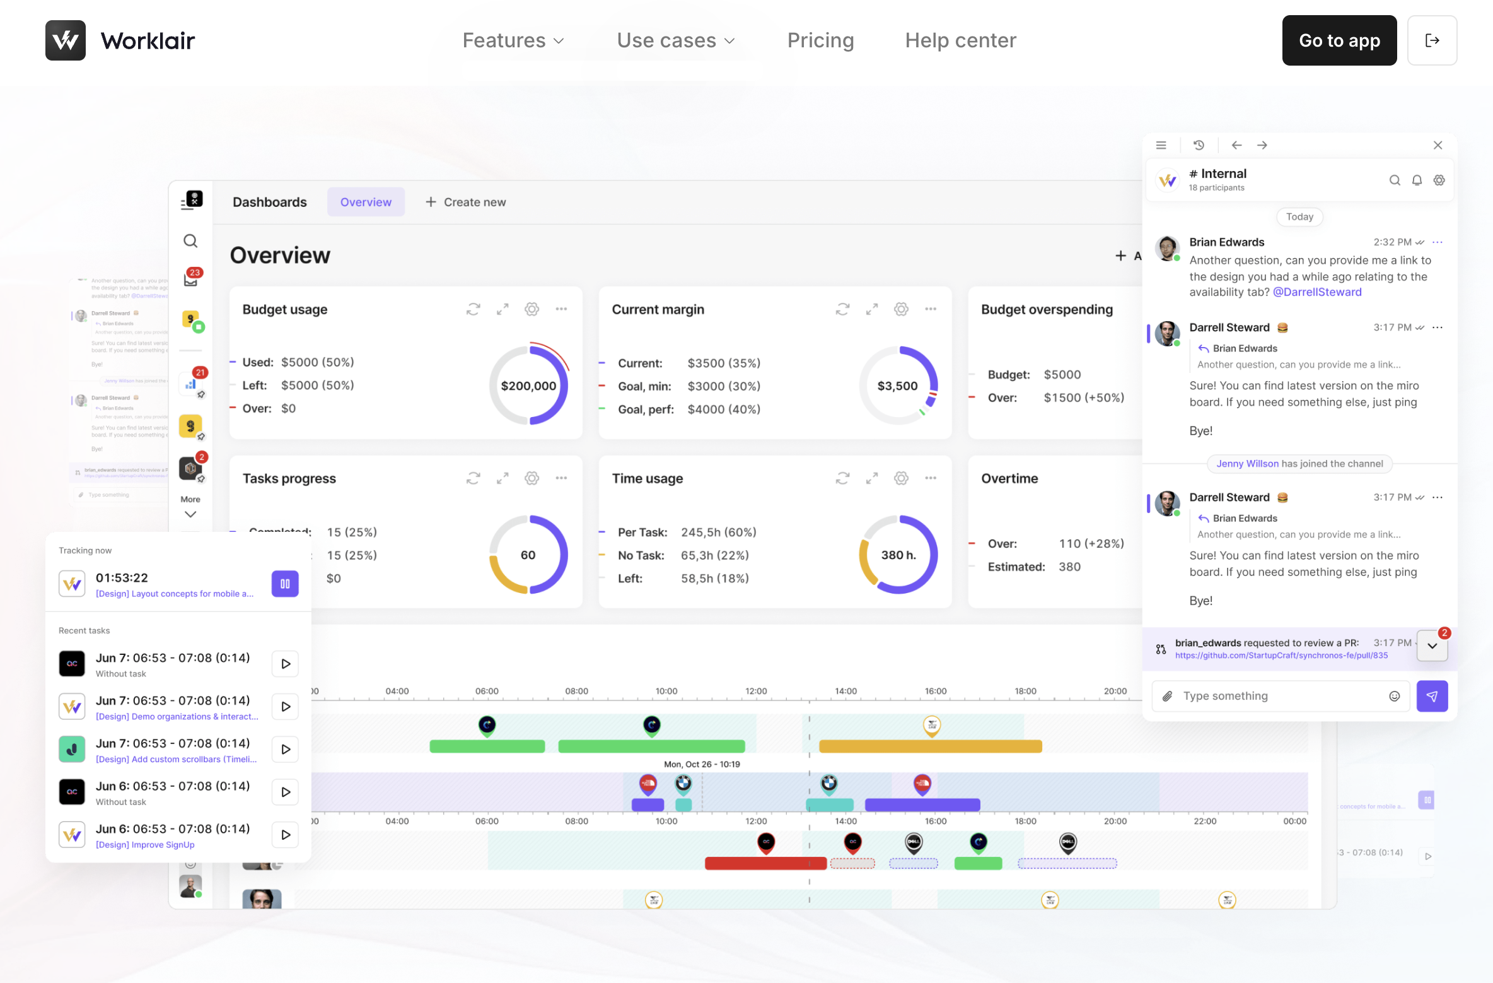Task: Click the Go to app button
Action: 1339,40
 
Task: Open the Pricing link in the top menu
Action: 820,40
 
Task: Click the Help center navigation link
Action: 960,40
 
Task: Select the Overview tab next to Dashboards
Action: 366,202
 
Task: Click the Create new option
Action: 465,202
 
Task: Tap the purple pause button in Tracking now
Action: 285,584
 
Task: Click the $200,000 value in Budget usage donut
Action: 528,386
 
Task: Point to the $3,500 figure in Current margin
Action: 897,386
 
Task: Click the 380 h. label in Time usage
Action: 898,555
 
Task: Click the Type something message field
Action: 1280,696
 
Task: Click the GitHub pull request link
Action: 1281,656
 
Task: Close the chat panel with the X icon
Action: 1438,145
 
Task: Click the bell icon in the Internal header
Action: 1417,180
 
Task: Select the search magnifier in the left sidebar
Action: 190,241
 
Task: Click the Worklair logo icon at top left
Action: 66,40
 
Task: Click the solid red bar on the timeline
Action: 765,863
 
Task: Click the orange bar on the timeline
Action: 930,746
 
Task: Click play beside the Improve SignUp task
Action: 286,835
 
